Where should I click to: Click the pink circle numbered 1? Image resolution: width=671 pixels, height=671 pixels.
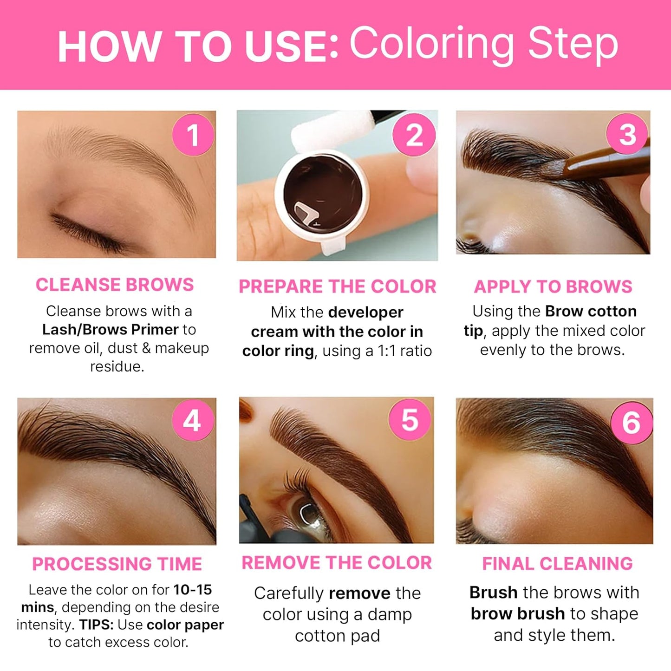(193, 135)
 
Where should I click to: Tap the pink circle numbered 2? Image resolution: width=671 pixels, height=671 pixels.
(414, 135)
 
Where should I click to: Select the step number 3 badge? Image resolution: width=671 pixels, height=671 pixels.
(627, 135)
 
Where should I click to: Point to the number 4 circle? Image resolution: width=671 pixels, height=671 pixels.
(192, 421)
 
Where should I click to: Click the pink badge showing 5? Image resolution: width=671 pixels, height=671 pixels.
(410, 420)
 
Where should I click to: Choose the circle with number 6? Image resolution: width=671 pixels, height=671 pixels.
(631, 423)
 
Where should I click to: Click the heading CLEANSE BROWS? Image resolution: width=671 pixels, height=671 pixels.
(115, 285)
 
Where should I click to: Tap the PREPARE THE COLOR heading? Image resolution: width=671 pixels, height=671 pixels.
(338, 287)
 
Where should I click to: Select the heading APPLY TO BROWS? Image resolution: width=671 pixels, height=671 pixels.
(553, 287)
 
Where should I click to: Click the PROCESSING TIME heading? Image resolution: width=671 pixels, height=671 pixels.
(117, 564)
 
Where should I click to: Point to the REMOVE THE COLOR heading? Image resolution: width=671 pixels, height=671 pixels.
(337, 563)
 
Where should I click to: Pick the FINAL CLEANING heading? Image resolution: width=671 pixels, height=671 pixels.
(557, 563)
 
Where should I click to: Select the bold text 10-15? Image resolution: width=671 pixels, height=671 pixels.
(192, 590)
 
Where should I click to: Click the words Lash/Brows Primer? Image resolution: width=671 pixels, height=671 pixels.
(110, 329)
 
